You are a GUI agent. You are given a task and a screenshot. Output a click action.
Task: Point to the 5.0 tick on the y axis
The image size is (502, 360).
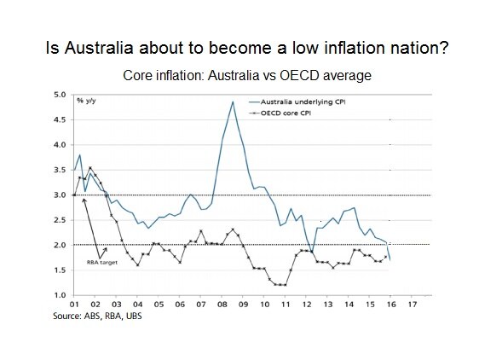[x=59, y=95]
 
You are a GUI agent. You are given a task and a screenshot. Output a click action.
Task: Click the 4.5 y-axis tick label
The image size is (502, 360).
[x=59, y=120]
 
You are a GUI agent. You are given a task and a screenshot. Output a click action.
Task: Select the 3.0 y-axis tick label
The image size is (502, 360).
[x=59, y=195]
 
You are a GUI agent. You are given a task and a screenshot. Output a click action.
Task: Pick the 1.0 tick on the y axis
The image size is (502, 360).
[x=59, y=296]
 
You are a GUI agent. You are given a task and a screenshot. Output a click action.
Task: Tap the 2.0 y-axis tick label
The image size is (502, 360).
[x=59, y=246]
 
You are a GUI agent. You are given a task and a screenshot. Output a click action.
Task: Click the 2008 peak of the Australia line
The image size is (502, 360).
[x=233, y=102]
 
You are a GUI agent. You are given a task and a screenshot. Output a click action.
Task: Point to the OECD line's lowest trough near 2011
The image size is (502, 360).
[x=280, y=285]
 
